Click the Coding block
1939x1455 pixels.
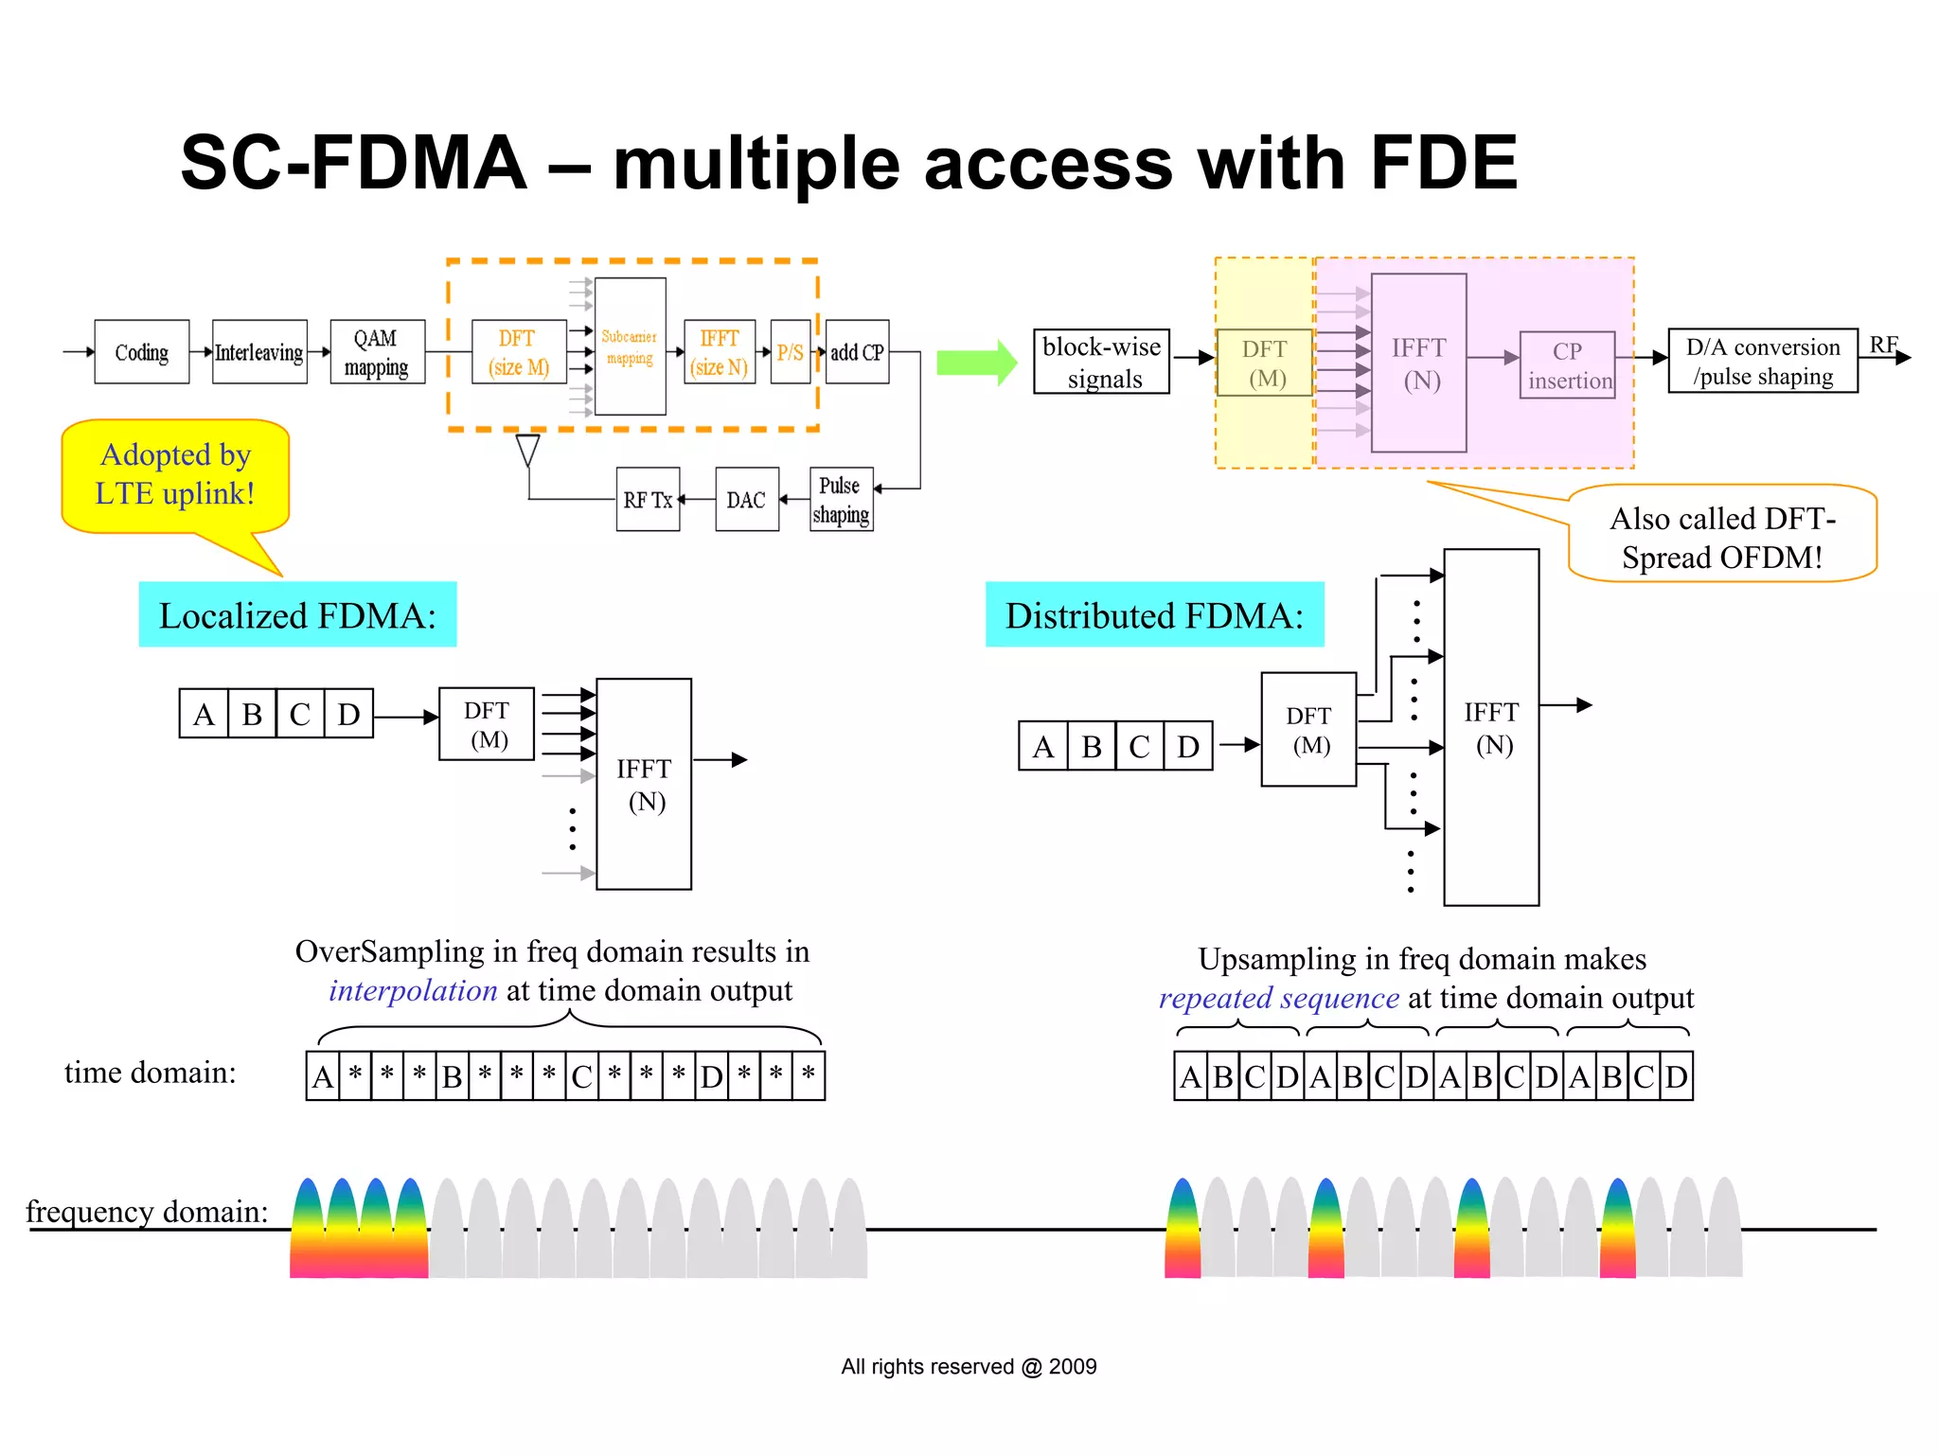pos(142,352)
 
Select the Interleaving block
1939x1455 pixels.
pos(259,352)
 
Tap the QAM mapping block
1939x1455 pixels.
pos(377,352)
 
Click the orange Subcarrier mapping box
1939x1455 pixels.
pos(630,347)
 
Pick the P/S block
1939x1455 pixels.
pos(790,352)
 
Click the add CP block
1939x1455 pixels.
pos(857,352)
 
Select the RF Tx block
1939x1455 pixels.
pos(648,500)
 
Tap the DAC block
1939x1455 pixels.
pos(746,500)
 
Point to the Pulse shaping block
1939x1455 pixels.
pos(841,500)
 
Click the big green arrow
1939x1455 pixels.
pos(976,363)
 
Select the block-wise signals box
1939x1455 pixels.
pos(1101,363)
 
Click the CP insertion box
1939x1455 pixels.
pos(1567,365)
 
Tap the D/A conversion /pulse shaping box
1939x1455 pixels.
pos(1762,361)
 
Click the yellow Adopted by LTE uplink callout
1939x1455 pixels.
pos(175,475)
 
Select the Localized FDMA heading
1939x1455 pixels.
pos(297,615)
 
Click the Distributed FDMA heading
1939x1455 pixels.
pos(1154,615)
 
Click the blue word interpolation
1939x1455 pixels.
pos(413,990)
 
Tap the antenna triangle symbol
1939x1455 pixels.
pos(527,450)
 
